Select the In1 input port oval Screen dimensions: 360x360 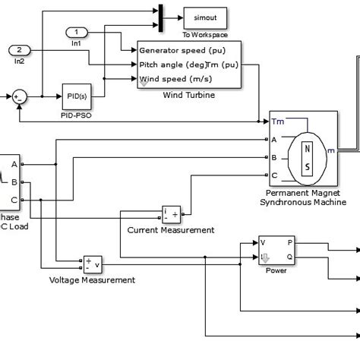pyautogui.click(x=77, y=32)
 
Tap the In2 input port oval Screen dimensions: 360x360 pyautogui.click(x=19, y=50)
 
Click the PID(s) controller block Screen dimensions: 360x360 pyautogui.click(x=76, y=96)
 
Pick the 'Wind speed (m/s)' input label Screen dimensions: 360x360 pyautogui.click(x=172, y=78)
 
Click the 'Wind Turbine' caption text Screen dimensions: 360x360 pyautogui.click(x=188, y=96)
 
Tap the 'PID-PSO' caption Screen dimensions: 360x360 pyautogui.click(x=76, y=115)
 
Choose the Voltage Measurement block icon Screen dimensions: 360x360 pyautogui.click(x=93, y=264)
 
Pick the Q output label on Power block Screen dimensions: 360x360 pyautogui.click(x=289, y=257)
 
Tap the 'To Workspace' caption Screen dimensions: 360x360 pyautogui.click(x=205, y=34)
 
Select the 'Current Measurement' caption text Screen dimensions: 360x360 pyautogui.click(x=170, y=230)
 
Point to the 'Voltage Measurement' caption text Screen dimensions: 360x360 pyautogui.click(x=92, y=279)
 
